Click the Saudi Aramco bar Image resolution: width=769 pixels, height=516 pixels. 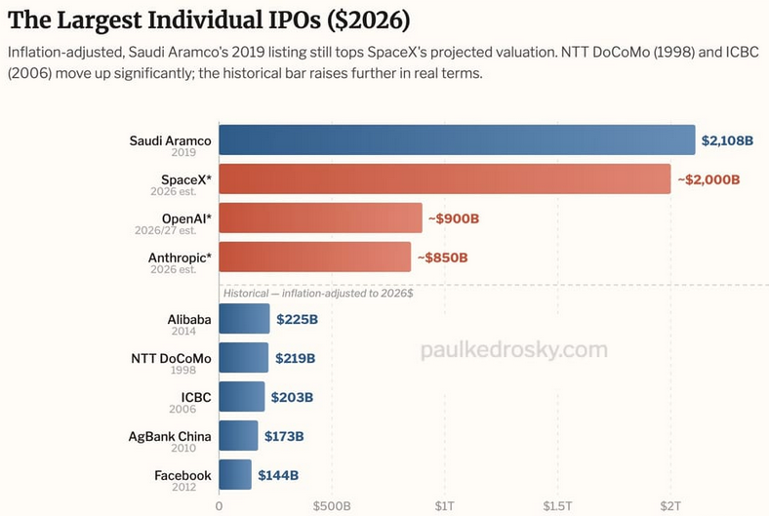click(x=457, y=140)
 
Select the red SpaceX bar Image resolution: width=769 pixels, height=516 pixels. click(x=445, y=179)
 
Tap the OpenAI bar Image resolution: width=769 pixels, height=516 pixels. click(x=321, y=218)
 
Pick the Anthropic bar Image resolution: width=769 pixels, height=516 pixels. click(x=315, y=257)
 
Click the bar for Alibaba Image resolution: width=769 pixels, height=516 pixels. click(x=244, y=319)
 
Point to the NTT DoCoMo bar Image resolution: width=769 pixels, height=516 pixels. click(x=244, y=358)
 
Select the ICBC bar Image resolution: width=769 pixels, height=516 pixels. click(x=242, y=396)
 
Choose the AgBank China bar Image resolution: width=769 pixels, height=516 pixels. click(x=238, y=436)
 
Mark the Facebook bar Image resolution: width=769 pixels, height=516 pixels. click(x=235, y=474)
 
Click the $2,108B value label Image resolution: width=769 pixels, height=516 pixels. click(x=727, y=140)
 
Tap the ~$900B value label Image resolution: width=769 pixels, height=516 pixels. click(x=454, y=218)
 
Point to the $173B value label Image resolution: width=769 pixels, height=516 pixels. click(x=284, y=436)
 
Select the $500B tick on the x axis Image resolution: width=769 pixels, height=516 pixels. click(x=332, y=505)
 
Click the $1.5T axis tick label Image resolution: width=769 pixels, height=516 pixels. click(x=557, y=505)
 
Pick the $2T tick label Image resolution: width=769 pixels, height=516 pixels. click(x=670, y=505)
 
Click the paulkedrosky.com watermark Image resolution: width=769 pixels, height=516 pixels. click(x=514, y=349)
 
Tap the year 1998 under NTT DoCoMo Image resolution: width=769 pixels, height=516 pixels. click(x=183, y=370)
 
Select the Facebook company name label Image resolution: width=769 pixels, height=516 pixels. click(x=182, y=475)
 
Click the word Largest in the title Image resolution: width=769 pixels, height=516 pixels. click(x=101, y=20)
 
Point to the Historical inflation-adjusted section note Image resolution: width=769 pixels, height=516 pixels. click(x=318, y=293)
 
